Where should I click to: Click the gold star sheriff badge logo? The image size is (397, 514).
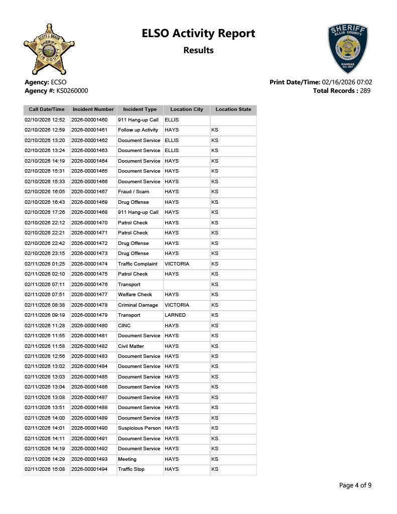[x=49, y=50]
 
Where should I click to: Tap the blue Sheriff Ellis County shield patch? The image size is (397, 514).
[x=348, y=48]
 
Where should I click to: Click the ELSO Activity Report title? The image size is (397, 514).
[x=198, y=34]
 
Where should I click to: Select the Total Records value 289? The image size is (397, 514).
[x=365, y=91]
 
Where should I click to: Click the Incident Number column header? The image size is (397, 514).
[x=93, y=109]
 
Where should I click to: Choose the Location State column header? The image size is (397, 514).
[x=233, y=109]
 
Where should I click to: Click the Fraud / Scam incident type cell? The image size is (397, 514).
[x=134, y=192]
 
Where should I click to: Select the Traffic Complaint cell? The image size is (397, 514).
[x=138, y=264]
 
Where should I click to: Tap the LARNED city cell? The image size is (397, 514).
[x=175, y=315]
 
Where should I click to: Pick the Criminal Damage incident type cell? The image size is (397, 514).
[x=138, y=305]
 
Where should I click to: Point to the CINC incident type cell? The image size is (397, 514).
[x=124, y=326]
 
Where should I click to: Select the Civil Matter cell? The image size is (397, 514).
[x=131, y=346]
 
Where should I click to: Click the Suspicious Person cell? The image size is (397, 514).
[x=140, y=428]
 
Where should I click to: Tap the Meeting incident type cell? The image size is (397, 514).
[x=127, y=459]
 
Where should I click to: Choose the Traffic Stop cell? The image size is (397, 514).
[x=131, y=469]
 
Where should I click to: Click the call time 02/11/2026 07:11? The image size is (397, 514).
[x=45, y=285]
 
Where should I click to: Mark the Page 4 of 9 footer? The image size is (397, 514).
[x=355, y=485]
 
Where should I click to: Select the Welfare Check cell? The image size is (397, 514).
[x=135, y=295]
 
